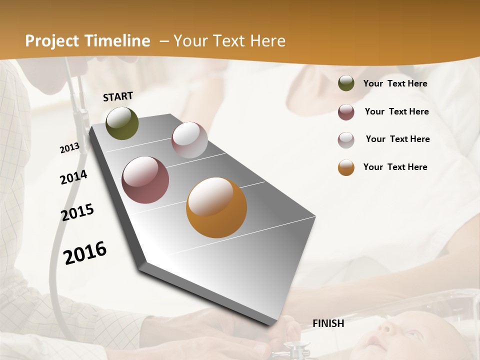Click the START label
(118, 96)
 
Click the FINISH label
(328, 323)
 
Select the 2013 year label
(69, 148)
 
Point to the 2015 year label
(77, 212)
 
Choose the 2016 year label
(85, 252)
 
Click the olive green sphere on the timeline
(122, 123)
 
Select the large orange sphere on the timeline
(216, 207)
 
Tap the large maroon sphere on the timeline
(145, 180)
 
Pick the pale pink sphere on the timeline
(189, 140)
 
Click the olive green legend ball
(346, 83)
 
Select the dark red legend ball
(346, 112)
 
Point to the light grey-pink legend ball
(346, 140)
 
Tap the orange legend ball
(346, 167)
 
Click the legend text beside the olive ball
(395, 84)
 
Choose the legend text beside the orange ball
(395, 167)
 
